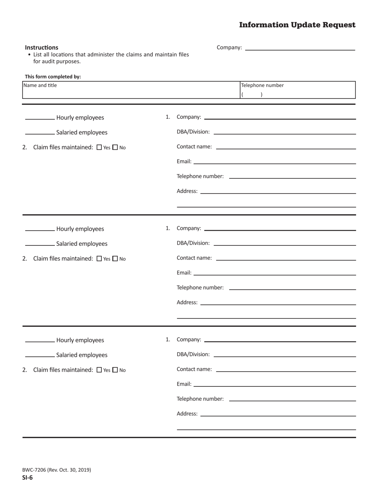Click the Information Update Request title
(x=297, y=25)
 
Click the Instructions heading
(x=41, y=47)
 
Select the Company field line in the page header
(x=300, y=47)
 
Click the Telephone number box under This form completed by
(x=298, y=90)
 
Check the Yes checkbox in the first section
(x=99, y=147)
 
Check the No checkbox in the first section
(x=115, y=147)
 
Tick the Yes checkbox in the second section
(x=99, y=259)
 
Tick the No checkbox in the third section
(x=115, y=370)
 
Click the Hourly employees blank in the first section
(x=40, y=118)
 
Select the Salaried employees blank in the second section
(x=40, y=243)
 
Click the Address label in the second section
(x=187, y=302)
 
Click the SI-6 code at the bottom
(x=28, y=478)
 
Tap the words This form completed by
(x=53, y=77)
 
